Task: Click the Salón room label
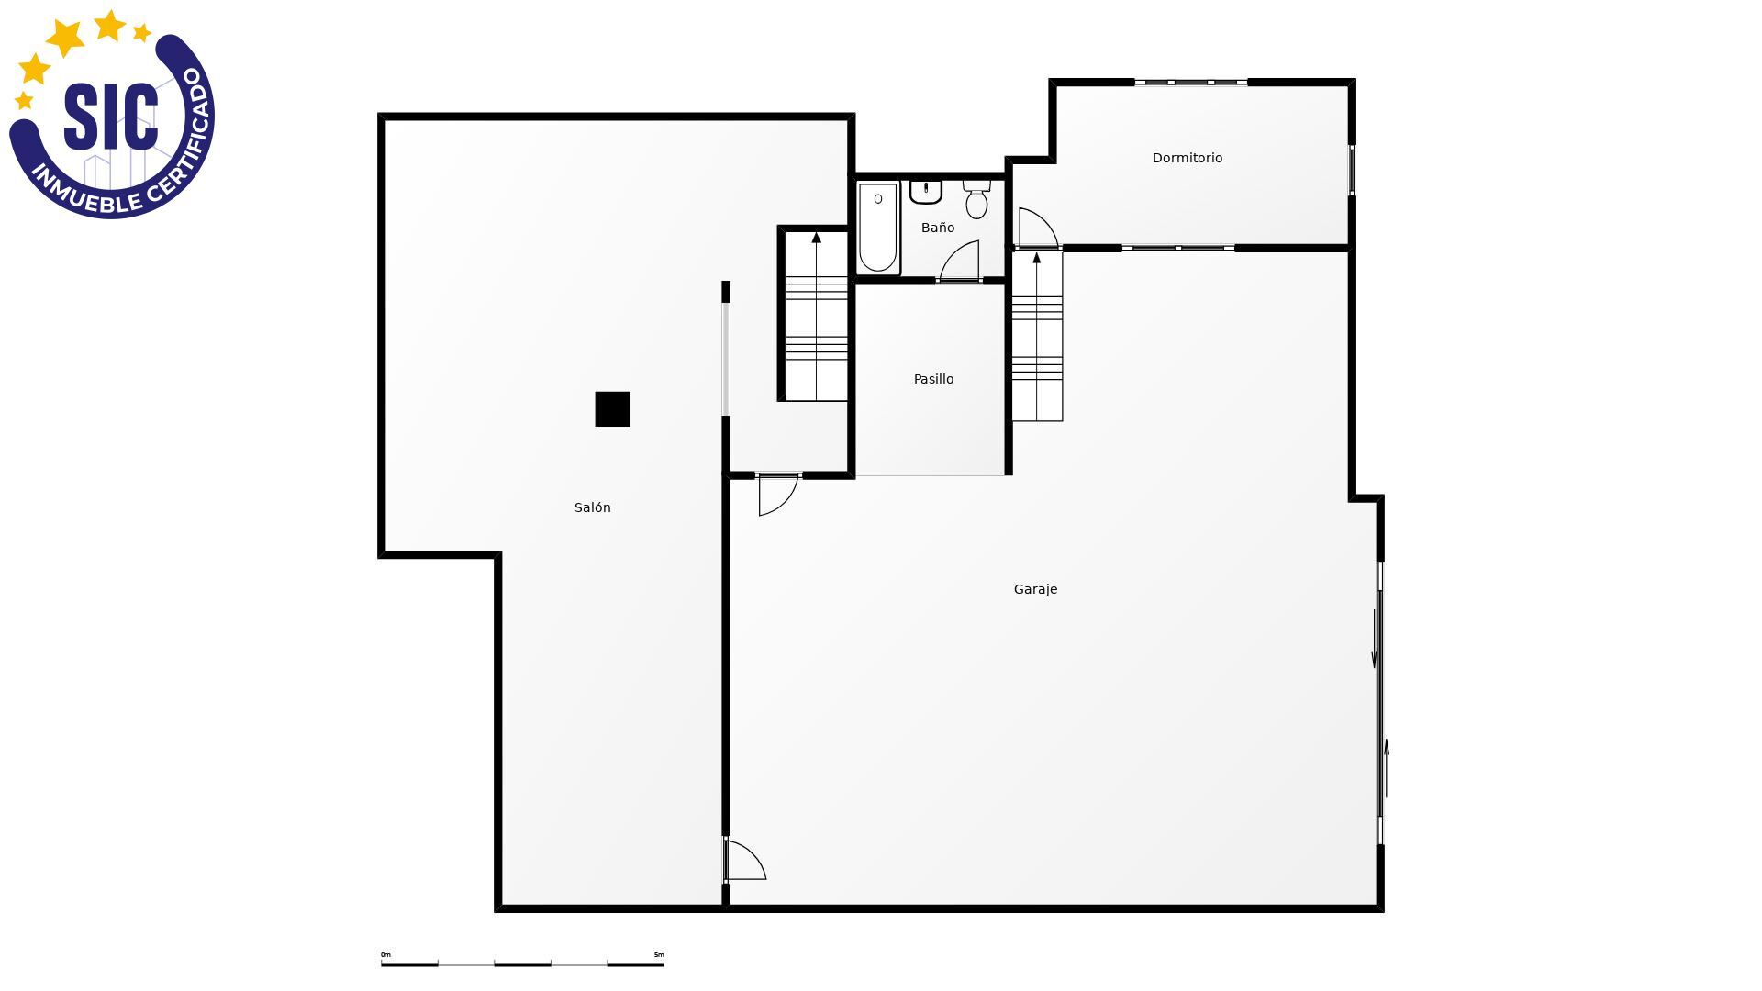click(592, 507)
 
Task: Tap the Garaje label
click(1035, 589)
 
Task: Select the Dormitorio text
click(1188, 158)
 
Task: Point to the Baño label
click(938, 228)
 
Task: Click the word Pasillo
click(933, 379)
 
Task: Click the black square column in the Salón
click(612, 409)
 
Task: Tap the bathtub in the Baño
click(877, 228)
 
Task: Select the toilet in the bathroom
click(976, 199)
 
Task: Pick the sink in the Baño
click(926, 192)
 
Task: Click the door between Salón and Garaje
click(745, 860)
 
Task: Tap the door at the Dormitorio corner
click(1038, 228)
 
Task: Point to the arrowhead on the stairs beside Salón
click(816, 238)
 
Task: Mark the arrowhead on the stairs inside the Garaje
click(1037, 258)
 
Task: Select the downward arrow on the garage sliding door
click(1374, 639)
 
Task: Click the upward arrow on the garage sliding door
click(1387, 769)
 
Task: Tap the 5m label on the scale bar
click(658, 955)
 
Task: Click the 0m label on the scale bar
click(385, 955)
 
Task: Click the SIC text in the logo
click(110, 117)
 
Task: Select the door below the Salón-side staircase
click(778, 495)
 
